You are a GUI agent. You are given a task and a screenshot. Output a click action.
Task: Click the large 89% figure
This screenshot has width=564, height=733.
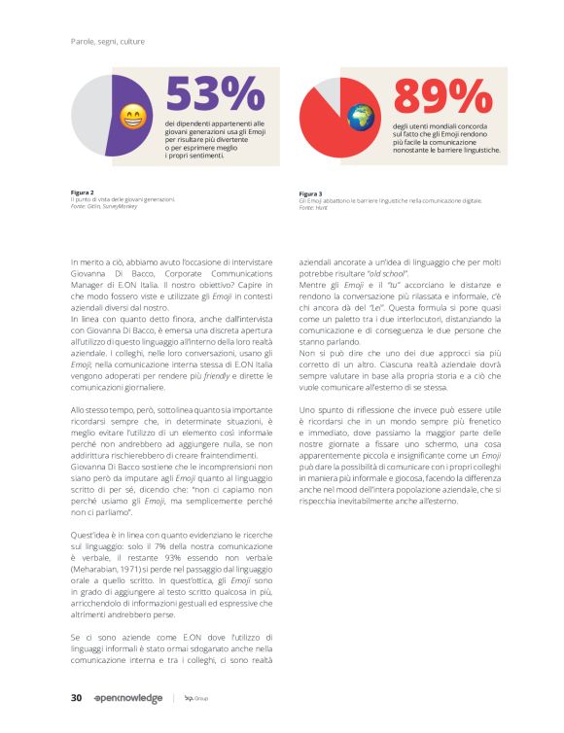coord(442,95)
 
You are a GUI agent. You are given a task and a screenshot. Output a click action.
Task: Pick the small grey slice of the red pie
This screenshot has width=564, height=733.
coord(330,89)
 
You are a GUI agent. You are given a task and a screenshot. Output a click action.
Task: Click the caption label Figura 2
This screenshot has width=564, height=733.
coord(84,192)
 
